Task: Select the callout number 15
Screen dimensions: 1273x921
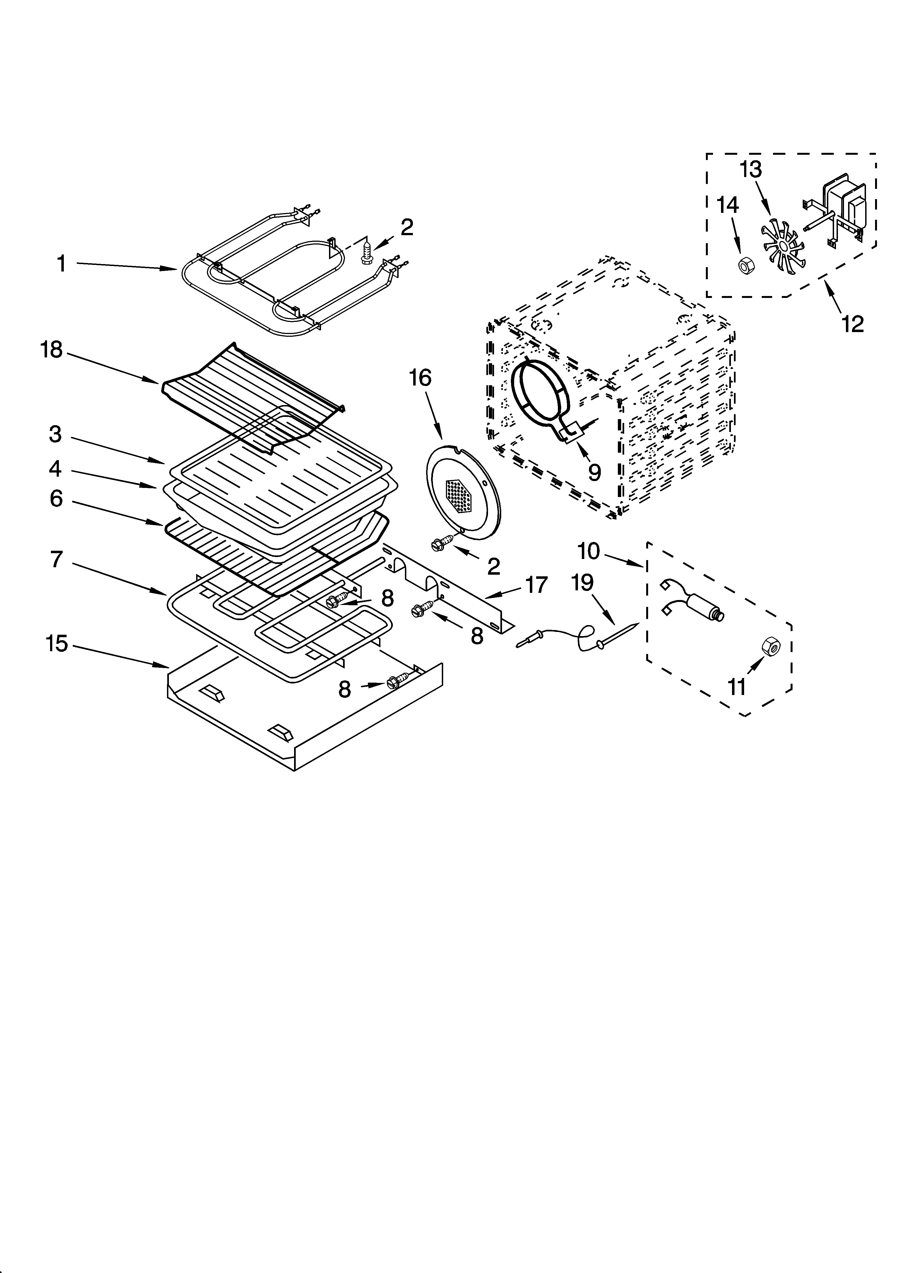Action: pos(57,644)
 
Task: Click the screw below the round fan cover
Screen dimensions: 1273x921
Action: pos(442,542)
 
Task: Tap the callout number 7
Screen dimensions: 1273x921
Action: pos(56,559)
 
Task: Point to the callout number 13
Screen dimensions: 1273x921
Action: pos(751,169)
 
